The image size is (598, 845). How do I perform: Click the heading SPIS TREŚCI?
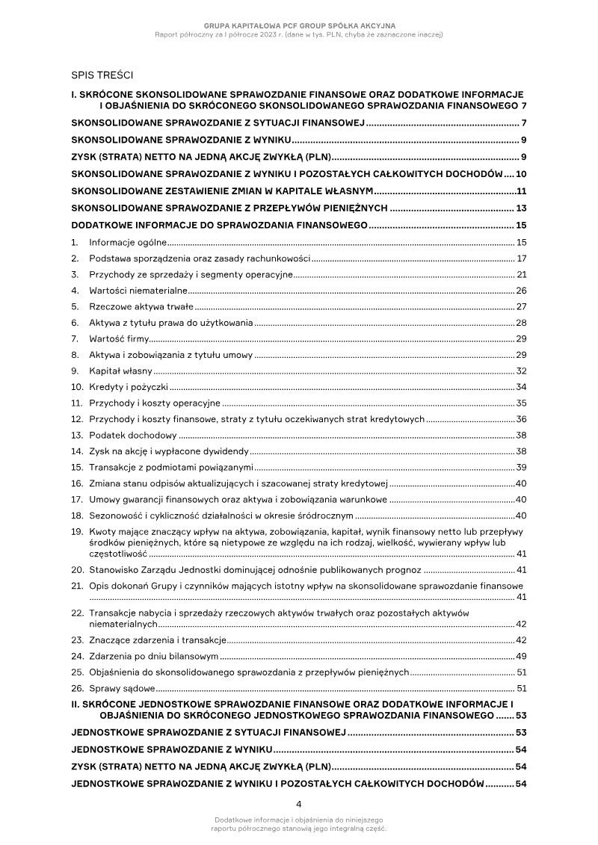(x=102, y=75)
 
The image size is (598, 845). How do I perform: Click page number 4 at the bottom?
(x=299, y=804)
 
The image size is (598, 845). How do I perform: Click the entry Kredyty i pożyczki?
(x=129, y=387)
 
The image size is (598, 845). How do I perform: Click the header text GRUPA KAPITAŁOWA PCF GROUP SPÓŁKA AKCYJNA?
(x=299, y=26)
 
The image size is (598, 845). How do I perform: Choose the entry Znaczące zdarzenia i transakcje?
(x=158, y=640)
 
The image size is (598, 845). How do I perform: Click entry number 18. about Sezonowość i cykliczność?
(x=76, y=515)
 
